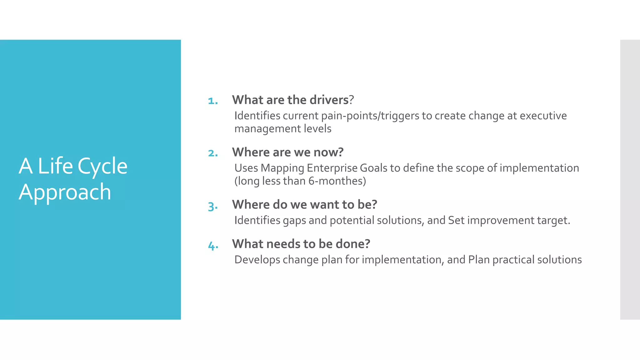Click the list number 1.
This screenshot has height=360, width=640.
[212, 101]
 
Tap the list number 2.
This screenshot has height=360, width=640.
[212, 153]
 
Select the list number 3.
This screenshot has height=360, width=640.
[212, 206]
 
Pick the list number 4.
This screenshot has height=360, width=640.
[213, 246]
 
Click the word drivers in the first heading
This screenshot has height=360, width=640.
[329, 100]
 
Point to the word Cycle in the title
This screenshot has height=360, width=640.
[102, 166]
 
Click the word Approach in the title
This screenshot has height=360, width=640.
[65, 192]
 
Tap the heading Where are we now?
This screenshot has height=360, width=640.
[287, 152]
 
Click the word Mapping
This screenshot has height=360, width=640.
[282, 168]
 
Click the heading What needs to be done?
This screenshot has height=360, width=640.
[301, 244]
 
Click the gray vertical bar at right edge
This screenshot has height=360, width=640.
[630, 179]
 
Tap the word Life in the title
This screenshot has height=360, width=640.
[55, 166]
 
